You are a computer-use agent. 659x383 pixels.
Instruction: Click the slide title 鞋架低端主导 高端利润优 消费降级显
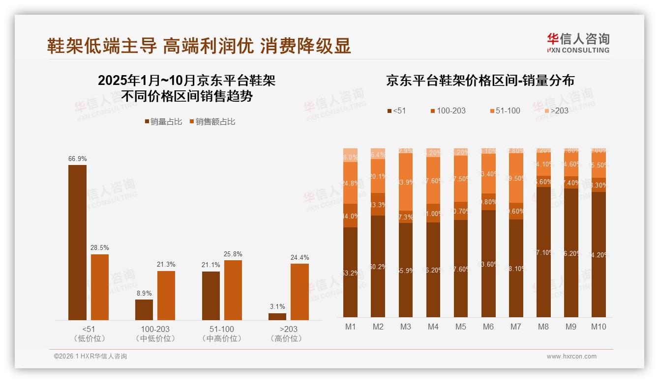pyautogui.click(x=199, y=46)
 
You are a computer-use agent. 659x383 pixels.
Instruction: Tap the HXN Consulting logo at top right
pyautogui.click(x=578, y=43)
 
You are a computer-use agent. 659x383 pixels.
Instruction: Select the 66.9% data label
pyautogui.click(x=77, y=159)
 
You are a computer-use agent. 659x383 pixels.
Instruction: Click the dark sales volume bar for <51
pyautogui.click(x=77, y=243)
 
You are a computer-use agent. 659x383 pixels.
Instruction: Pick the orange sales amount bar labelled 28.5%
pyautogui.click(x=100, y=287)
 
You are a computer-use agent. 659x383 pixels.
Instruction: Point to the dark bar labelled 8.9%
pyautogui.click(x=144, y=310)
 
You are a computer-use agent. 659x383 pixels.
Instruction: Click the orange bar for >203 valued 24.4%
pyautogui.click(x=300, y=292)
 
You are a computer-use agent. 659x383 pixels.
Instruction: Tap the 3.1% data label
pyautogui.click(x=277, y=307)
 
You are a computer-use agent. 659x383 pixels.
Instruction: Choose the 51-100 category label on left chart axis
pyautogui.click(x=222, y=329)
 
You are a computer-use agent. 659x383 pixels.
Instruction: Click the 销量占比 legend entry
pyautogui.click(x=163, y=122)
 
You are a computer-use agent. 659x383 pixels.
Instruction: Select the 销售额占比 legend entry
pyautogui.click(x=212, y=122)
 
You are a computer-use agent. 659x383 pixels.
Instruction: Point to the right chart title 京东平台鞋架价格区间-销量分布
pyautogui.click(x=480, y=81)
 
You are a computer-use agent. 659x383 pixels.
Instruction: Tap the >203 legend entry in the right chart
pyautogui.click(x=556, y=110)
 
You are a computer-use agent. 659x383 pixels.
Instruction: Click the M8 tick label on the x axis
pyautogui.click(x=543, y=327)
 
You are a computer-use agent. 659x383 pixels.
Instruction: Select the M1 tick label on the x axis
pyautogui.click(x=350, y=327)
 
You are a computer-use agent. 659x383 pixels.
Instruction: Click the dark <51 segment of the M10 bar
pyautogui.click(x=599, y=255)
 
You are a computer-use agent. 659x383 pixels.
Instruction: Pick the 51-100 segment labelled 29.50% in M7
pyautogui.click(x=516, y=178)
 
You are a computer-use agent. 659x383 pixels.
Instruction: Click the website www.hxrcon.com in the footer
pyautogui.click(x=571, y=356)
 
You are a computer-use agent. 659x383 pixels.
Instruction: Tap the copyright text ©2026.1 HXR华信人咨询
pyautogui.click(x=90, y=356)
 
